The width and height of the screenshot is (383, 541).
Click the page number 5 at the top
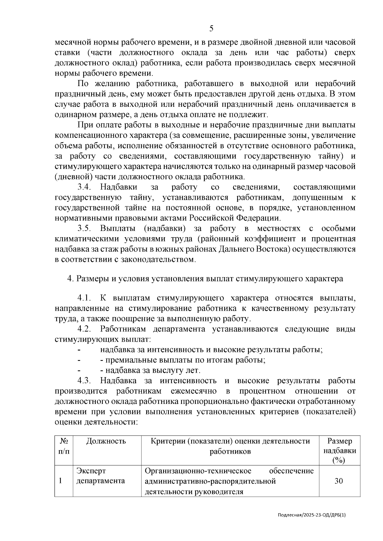[211, 29]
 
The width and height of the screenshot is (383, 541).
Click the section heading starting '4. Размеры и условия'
[205, 279]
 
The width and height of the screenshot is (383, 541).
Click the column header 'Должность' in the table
[106, 441]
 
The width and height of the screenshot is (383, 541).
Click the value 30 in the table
[339, 481]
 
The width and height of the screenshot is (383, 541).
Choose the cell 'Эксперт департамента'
[100, 476]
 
